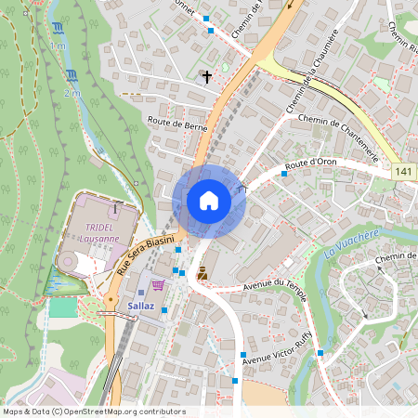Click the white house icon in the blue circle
pos(209,201)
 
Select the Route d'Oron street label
pos(310,163)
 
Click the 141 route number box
pos(403,172)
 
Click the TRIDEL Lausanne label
pos(101,232)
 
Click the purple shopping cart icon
pos(158,285)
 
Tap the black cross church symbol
pos(206,77)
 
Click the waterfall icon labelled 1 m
pos(59,29)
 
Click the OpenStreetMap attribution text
pos(93,411)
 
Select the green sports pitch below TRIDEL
pos(64,307)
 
